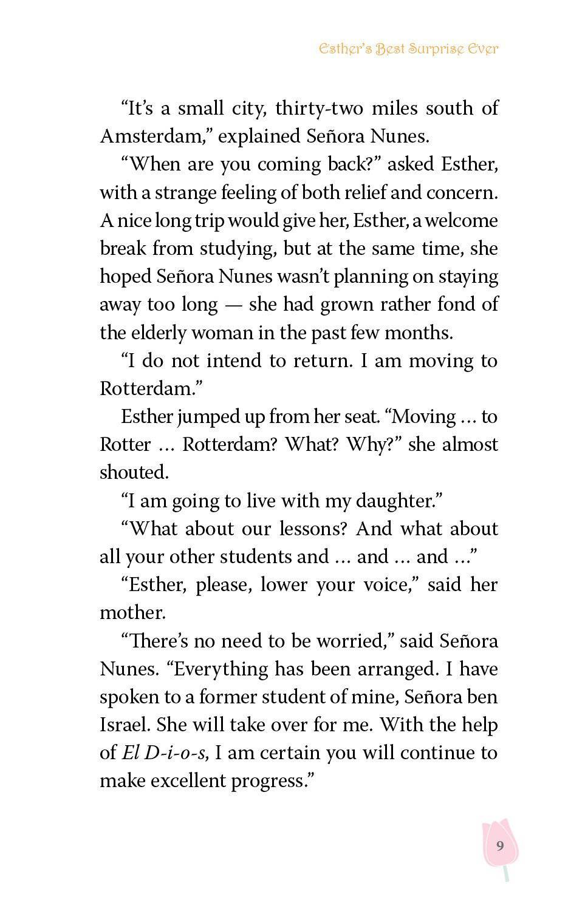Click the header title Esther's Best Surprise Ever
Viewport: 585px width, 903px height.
click(408, 49)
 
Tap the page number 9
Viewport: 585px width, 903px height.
click(499, 845)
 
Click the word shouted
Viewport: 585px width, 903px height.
click(133, 472)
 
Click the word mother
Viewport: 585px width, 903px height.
click(132, 613)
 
